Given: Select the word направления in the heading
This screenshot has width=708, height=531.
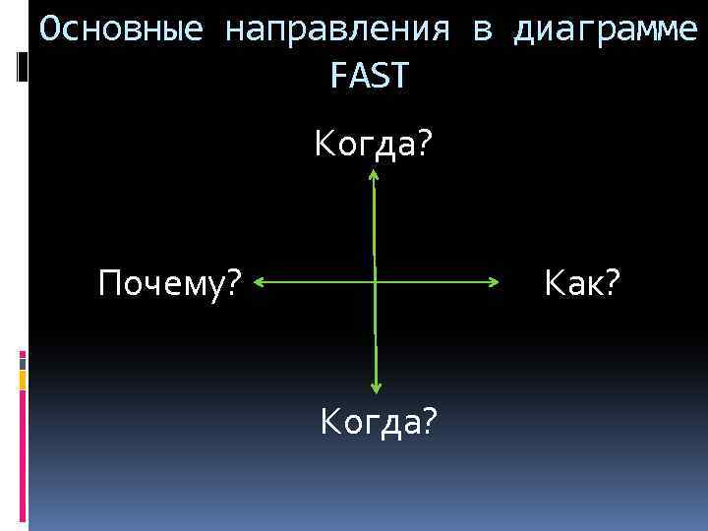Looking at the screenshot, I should click(337, 29).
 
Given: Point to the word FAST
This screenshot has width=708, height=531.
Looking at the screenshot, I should click(369, 75).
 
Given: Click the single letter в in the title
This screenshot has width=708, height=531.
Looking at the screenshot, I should click(482, 31).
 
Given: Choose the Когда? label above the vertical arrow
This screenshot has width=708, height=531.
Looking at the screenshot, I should click(373, 146).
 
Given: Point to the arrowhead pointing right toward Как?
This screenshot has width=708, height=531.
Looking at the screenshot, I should click(495, 283).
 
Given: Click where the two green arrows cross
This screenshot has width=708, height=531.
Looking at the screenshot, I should click(375, 283).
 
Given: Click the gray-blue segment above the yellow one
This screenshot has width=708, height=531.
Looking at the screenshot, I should click(22, 362).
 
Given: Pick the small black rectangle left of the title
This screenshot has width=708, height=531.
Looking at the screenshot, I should click(23, 68).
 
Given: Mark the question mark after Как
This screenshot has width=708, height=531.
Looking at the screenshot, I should click(613, 285).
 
